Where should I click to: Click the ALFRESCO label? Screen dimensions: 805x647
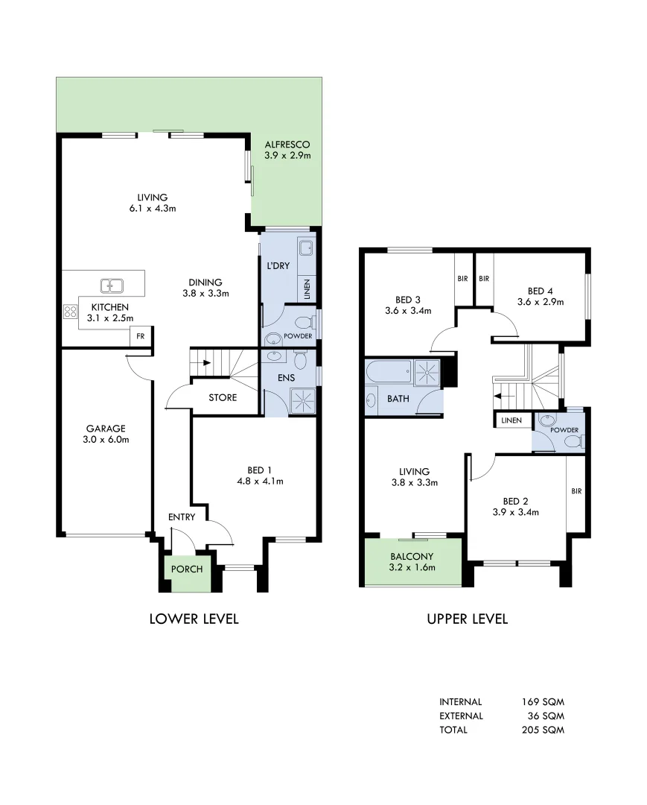pyautogui.click(x=287, y=145)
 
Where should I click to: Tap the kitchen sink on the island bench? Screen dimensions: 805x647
pyautogui.click(x=112, y=285)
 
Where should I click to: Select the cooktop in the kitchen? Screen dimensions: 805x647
pyautogui.click(x=71, y=312)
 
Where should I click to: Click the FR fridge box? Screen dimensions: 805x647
pyautogui.click(x=140, y=337)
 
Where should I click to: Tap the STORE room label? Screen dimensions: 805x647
pyautogui.click(x=223, y=398)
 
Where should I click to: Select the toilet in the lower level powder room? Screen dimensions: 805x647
pyautogui.click(x=303, y=323)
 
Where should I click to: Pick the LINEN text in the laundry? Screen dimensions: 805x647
pyautogui.click(x=307, y=288)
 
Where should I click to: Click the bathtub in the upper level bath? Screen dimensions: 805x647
pyautogui.click(x=389, y=370)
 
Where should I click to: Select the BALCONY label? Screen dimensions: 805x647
pyautogui.click(x=412, y=557)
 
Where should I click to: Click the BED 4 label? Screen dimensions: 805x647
pyautogui.click(x=541, y=291)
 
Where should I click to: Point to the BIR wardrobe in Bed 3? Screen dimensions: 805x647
pyautogui.click(x=462, y=278)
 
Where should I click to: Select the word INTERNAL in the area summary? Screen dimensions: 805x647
pyautogui.click(x=461, y=701)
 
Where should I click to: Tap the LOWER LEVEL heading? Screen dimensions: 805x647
pyautogui.click(x=194, y=619)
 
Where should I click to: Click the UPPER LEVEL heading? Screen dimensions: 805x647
pyautogui.click(x=467, y=619)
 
